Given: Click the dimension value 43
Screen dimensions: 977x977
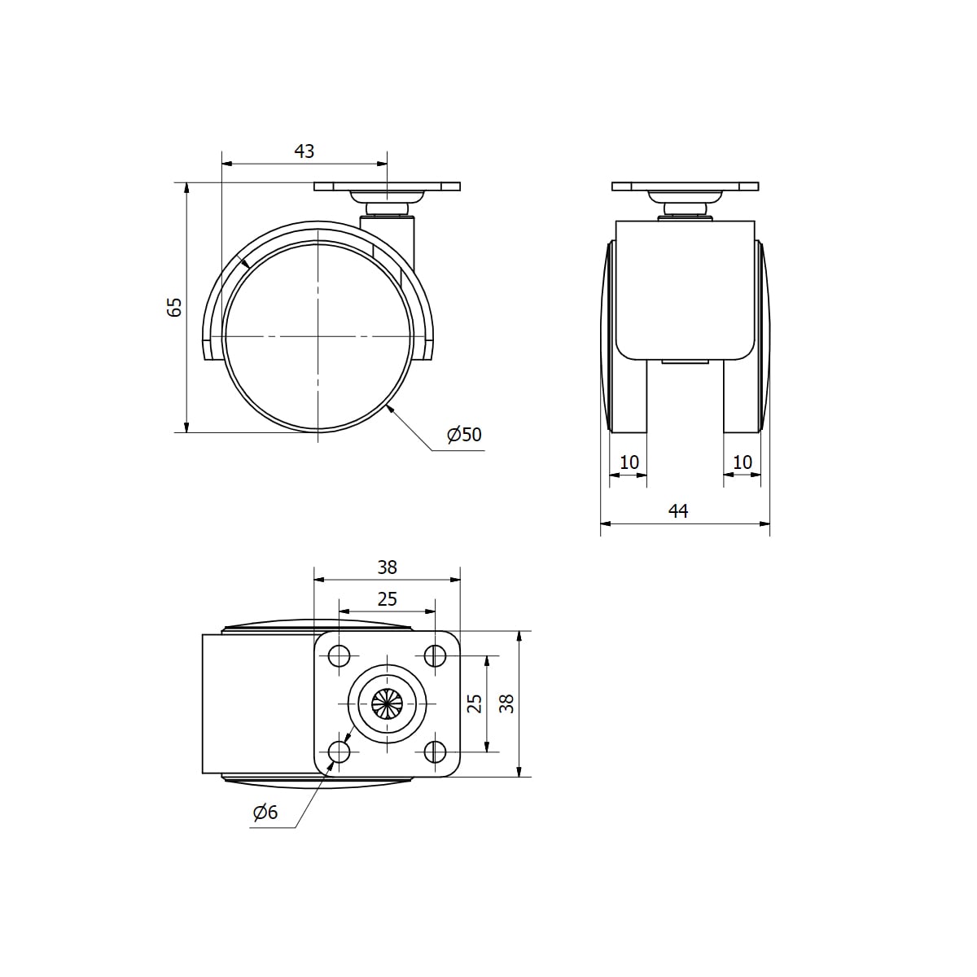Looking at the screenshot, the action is (304, 151).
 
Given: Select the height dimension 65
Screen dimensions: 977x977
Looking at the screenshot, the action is (174, 307).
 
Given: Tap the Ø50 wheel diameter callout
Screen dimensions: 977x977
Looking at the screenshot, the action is (464, 435).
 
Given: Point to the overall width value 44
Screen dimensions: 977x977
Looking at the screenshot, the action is (678, 510).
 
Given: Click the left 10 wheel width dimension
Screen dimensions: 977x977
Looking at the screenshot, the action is (629, 462).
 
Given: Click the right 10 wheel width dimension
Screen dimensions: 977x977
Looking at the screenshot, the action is (743, 462).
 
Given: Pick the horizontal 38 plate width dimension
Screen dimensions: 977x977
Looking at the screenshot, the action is (387, 567).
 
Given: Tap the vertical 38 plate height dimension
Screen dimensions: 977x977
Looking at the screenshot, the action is (506, 703).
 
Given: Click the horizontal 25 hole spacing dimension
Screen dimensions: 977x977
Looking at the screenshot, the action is (387, 599).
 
